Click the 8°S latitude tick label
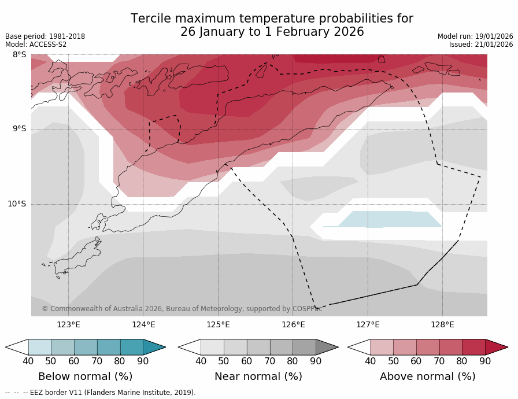19,55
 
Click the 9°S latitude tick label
19,129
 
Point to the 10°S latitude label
17,204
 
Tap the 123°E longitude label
68,324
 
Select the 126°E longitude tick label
293,324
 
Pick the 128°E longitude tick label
442,324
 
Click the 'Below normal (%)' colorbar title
85,376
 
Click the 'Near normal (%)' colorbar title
258,376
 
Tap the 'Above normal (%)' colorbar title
427,376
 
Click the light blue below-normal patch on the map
390,219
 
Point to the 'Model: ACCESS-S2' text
36,45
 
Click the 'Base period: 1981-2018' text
45,36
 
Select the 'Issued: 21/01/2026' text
481,45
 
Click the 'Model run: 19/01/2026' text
475,36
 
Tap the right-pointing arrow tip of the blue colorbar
156,347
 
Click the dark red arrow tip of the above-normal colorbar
498,347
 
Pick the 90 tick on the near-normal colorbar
316,361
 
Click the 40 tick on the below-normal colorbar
28,361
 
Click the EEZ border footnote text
101,393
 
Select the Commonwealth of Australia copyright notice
182,309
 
